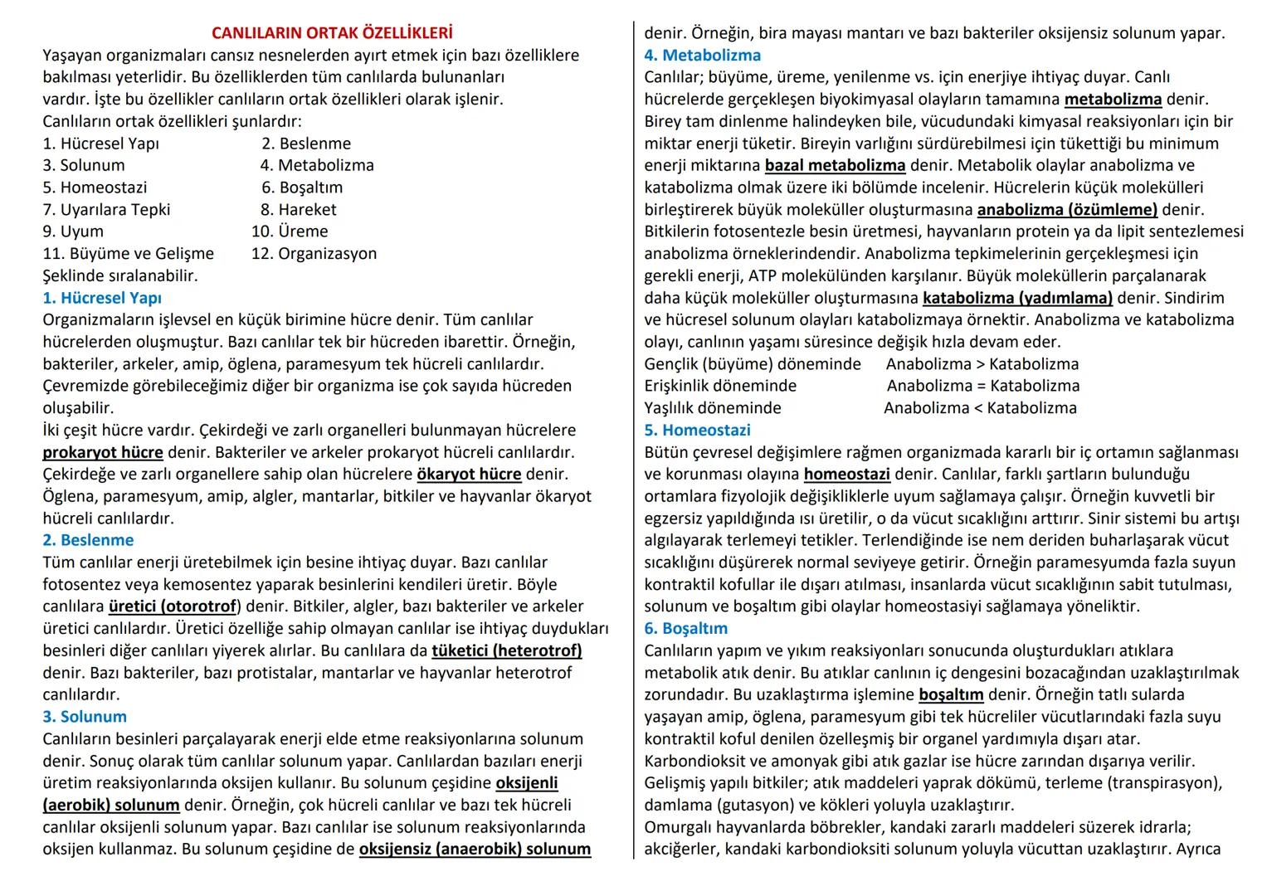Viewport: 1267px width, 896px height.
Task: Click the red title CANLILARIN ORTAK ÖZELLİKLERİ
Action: [x=332, y=33]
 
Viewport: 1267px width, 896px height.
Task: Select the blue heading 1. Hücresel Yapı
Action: [x=102, y=298]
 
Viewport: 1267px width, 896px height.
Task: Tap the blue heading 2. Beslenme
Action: [x=88, y=540]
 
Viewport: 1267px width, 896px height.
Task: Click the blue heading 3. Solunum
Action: [x=85, y=717]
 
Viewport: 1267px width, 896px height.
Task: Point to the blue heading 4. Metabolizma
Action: [x=702, y=56]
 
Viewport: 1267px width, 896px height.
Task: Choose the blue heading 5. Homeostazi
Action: [x=697, y=430]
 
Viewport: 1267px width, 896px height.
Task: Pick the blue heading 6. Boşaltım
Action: [x=685, y=629]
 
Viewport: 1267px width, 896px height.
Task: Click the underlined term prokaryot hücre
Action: [x=103, y=453]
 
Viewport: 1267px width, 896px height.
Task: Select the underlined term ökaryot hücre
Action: [x=469, y=475]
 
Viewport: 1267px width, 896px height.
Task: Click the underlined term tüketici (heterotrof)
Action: [x=506, y=650]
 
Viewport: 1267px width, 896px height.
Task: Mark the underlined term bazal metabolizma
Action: [x=835, y=165]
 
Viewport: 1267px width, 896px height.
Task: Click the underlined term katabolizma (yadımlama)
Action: [x=1017, y=298]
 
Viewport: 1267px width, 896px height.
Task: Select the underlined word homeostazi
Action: [x=846, y=475]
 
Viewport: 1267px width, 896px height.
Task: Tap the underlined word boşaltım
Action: [x=951, y=694]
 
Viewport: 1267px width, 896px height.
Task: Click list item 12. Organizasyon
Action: [x=314, y=254]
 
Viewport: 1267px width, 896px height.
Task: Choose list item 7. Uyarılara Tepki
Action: [x=106, y=210]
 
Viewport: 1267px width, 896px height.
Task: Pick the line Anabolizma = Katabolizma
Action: [x=983, y=386]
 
